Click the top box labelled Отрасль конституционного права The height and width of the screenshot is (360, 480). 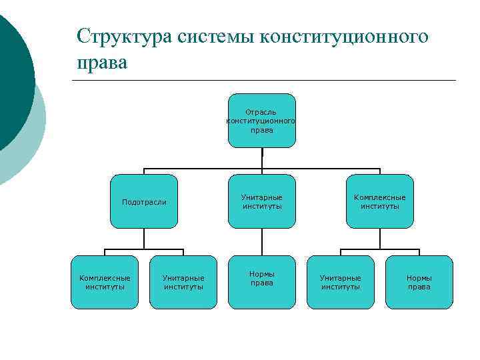pyautogui.click(x=261, y=120)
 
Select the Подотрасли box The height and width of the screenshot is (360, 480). pyautogui.click(x=144, y=201)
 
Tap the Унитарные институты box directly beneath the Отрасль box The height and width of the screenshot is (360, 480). pyautogui.click(x=261, y=201)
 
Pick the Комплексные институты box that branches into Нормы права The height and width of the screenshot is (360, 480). pyautogui.click(x=380, y=201)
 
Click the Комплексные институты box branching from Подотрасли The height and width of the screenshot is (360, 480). pyautogui.click(x=105, y=282)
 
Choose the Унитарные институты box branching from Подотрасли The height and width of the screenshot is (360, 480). pyautogui.click(x=183, y=282)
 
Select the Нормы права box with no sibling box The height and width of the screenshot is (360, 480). pyautogui.click(x=261, y=282)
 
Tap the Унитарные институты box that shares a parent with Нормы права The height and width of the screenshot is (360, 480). pyautogui.click(x=341, y=282)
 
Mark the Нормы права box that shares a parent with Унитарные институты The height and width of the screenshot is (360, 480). pyautogui.click(x=419, y=282)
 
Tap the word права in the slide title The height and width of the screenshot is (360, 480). pyautogui.click(x=101, y=62)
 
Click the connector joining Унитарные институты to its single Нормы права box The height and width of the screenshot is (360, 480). pyautogui.click(x=261, y=242)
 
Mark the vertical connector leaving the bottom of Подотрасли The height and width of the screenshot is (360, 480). pyautogui.click(x=144, y=239)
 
